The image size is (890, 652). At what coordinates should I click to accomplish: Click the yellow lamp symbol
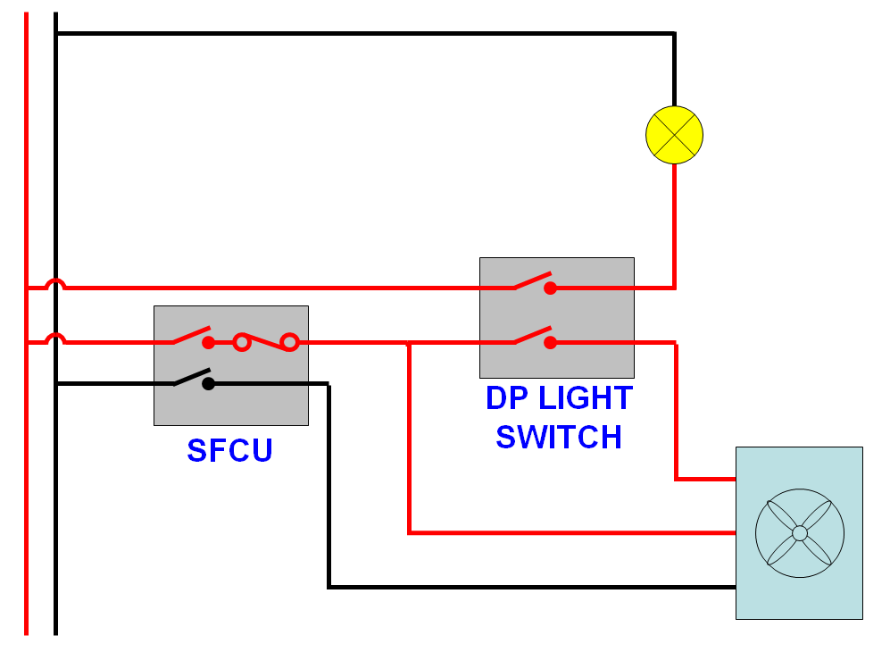point(674,135)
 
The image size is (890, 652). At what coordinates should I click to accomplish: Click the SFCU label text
point(229,450)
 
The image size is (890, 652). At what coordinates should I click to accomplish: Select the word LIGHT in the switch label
point(585,398)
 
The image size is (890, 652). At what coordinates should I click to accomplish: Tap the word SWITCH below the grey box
point(559,438)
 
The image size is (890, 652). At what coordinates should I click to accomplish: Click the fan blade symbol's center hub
point(799,533)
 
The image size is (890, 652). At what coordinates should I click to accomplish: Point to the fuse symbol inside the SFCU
point(265,341)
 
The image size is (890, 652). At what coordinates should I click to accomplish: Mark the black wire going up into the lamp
point(674,71)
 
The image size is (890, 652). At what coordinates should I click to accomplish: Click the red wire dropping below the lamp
point(674,223)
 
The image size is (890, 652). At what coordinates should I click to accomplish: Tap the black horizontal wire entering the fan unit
point(536,587)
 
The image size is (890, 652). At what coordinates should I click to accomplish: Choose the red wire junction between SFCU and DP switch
point(409,342)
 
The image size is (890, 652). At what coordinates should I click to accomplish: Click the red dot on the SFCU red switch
point(208,342)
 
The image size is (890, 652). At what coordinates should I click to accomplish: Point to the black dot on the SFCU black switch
point(208,384)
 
